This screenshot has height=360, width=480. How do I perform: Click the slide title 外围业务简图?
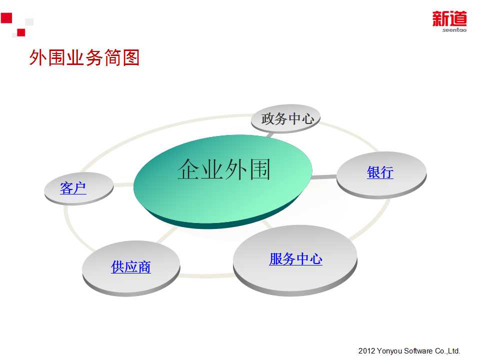click(x=84, y=57)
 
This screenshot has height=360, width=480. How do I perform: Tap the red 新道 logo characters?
click(x=449, y=18)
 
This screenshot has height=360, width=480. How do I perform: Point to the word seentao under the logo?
click(x=454, y=29)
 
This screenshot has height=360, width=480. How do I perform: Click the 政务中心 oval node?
click(x=285, y=119)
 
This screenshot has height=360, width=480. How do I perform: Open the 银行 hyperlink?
click(x=380, y=172)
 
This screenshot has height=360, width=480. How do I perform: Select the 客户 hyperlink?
click(x=73, y=188)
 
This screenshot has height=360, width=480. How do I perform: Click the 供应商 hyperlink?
click(x=131, y=266)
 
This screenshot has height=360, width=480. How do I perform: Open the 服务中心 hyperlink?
click(x=295, y=258)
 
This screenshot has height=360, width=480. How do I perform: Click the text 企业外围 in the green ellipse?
click(x=224, y=169)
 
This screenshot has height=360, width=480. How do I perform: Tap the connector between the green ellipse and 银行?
click(x=324, y=177)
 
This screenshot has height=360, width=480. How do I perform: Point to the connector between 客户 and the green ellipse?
click(x=123, y=184)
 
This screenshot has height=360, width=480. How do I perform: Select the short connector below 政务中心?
click(x=270, y=134)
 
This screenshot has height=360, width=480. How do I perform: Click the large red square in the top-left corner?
click(x=6, y=18)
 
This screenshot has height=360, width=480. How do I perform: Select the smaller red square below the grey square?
click(x=21, y=32)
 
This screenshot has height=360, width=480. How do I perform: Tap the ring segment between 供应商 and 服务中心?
click(x=206, y=275)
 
